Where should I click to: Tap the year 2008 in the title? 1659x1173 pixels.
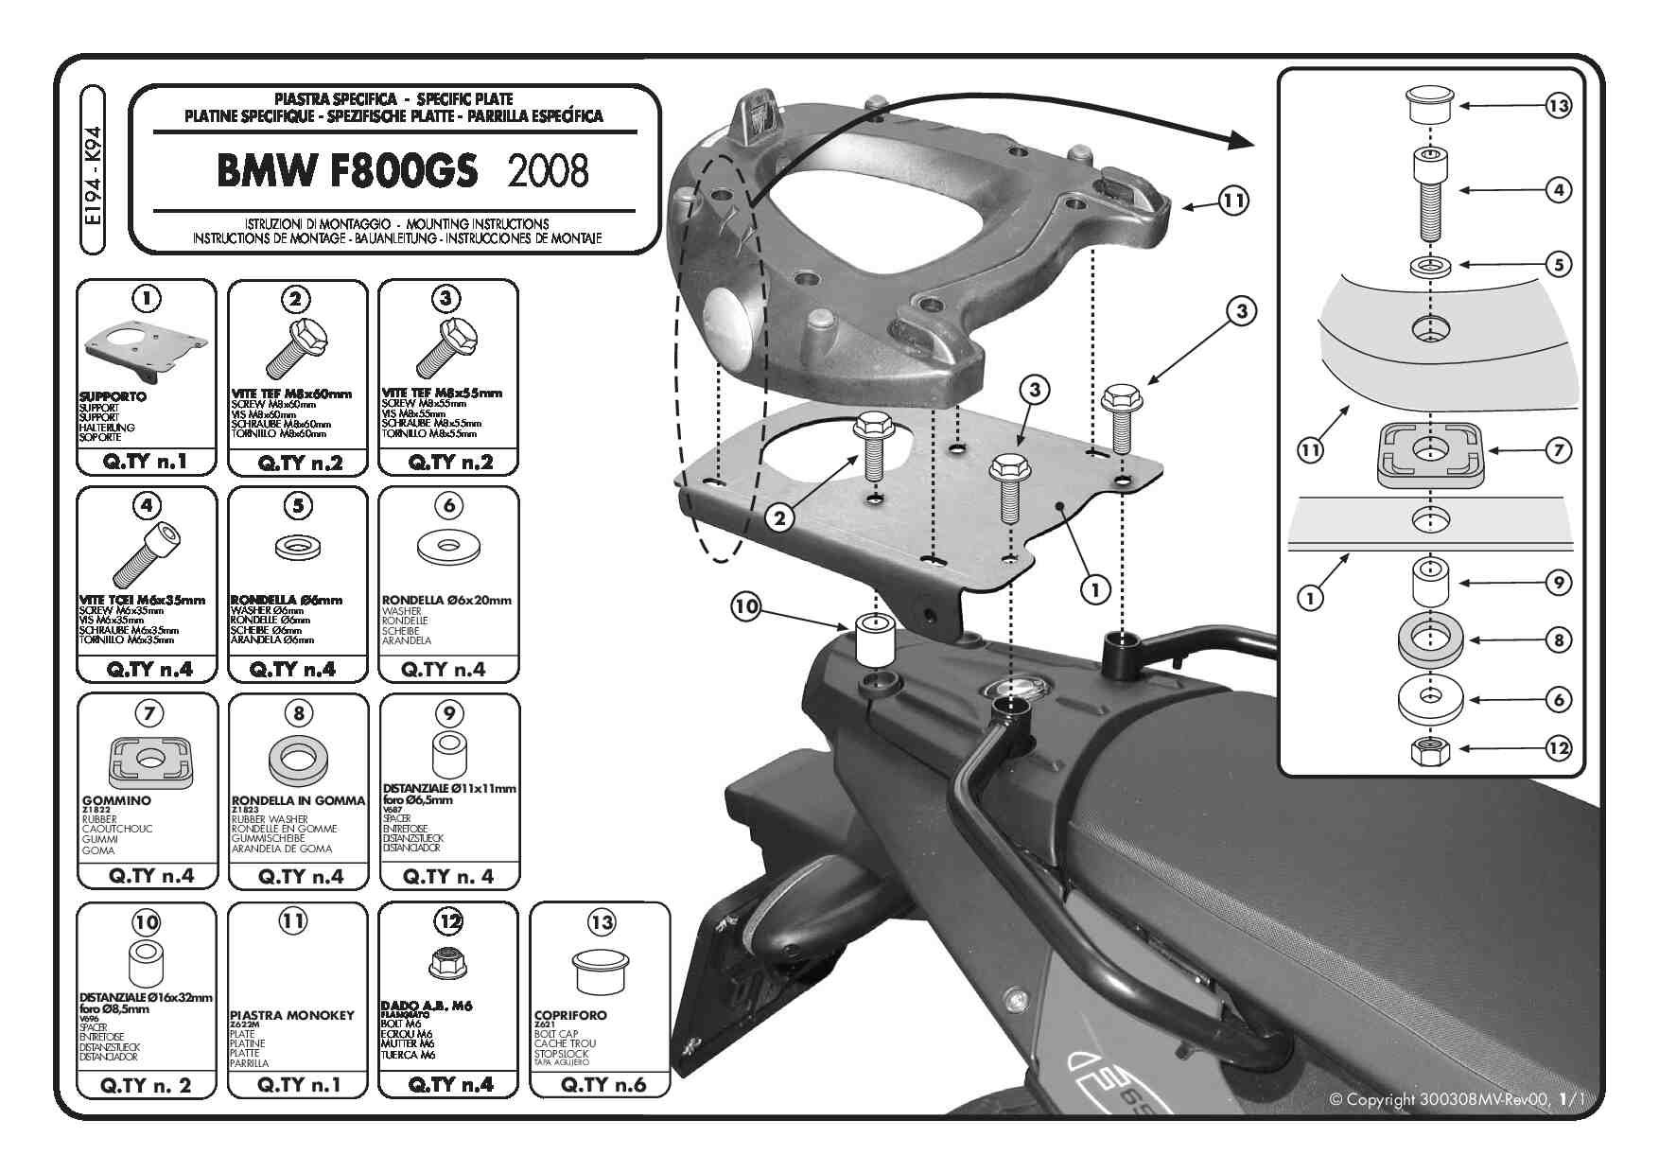point(548,170)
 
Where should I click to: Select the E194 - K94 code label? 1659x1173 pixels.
point(93,170)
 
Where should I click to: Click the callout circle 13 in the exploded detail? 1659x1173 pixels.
point(1558,107)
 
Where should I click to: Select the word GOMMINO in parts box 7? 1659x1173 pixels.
point(116,800)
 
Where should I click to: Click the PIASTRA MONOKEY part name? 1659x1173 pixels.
point(291,1015)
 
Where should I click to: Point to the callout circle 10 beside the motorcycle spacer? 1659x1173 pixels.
point(746,606)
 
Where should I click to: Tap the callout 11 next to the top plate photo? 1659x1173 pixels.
point(1232,201)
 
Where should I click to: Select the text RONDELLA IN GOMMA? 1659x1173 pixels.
point(298,800)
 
